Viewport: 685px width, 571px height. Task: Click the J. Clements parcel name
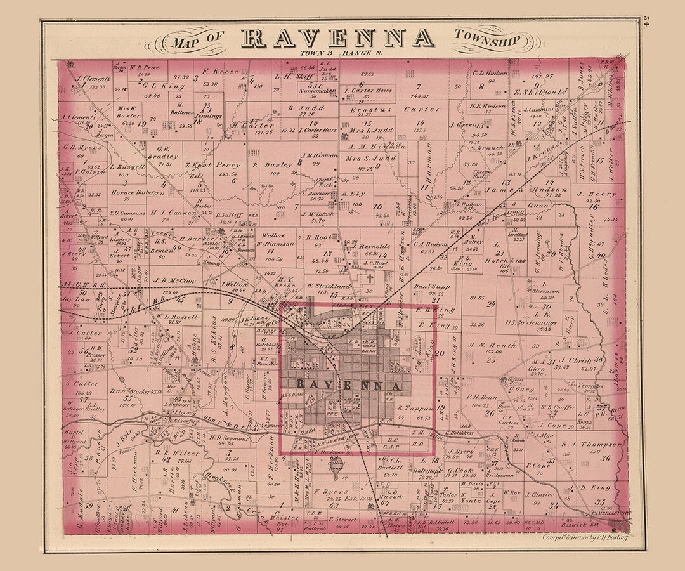[93, 80]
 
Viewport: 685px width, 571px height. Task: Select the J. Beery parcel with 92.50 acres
[596, 194]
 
